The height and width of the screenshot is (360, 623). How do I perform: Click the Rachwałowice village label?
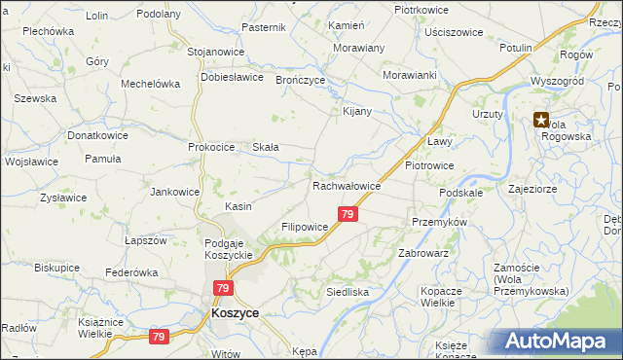pos(346,186)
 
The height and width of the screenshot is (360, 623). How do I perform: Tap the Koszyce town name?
pos(235,314)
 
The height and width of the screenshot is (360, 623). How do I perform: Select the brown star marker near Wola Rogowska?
pos(540,121)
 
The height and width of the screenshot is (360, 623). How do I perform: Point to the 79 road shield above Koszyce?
pos(224,289)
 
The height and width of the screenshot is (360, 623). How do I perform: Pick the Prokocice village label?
pos(212,147)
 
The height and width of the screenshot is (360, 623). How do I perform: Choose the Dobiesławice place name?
pos(233,77)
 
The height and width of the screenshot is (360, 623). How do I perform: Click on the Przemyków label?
pos(440,222)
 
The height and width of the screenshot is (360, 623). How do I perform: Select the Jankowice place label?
pos(174,192)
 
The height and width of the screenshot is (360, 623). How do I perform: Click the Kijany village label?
pos(357,111)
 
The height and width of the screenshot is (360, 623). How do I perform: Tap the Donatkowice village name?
pos(97,136)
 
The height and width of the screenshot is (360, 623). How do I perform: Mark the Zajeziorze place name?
pos(532,189)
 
